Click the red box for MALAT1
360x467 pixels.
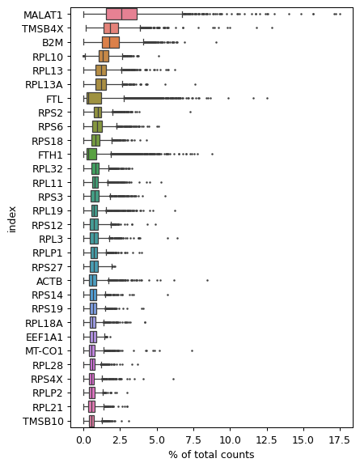121,14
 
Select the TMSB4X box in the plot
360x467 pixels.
111,28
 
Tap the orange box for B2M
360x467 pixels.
111,42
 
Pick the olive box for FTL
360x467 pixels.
94,98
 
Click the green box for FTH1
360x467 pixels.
91,154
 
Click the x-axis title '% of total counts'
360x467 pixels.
211,455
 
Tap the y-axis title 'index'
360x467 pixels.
12,218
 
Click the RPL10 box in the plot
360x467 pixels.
104,56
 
